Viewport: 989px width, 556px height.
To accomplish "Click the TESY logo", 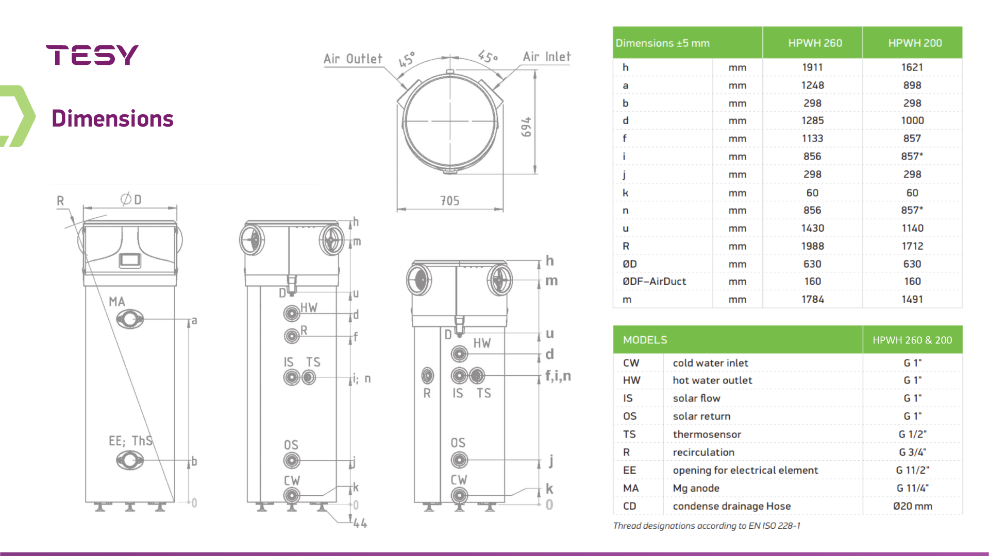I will [x=92, y=55].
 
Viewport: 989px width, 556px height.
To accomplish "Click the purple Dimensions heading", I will [x=112, y=118].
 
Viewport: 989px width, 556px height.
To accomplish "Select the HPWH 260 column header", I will [x=815, y=43].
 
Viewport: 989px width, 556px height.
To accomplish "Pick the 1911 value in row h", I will [x=812, y=67].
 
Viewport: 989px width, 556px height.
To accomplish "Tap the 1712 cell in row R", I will [x=912, y=246].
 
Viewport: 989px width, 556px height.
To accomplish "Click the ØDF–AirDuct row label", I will [x=654, y=282].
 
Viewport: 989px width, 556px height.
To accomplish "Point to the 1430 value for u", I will [x=812, y=228].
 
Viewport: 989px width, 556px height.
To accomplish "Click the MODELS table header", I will [x=645, y=340].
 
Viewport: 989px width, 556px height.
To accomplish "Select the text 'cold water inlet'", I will [x=710, y=363].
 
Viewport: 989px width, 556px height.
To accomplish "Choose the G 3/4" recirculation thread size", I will [x=912, y=452].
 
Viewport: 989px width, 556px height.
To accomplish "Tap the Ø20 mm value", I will [x=912, y=506].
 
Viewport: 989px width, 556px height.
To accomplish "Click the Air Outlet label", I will [x=353, y=59].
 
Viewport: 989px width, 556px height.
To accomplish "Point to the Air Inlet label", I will [x=547, y=57].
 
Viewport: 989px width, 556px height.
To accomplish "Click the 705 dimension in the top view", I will [x=450, y=201].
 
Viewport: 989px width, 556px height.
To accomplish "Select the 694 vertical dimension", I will [x=526, y=127].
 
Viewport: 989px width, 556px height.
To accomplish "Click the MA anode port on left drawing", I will [x=129, y=320].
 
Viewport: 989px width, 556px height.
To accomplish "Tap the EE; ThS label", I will [x=130, y=441].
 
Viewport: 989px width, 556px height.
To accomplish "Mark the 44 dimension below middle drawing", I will [x=360, y=524].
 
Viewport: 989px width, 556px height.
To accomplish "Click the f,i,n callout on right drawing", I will [x=558, y=376].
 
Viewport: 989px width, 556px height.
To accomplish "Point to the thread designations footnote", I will [x=707, y=526].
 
